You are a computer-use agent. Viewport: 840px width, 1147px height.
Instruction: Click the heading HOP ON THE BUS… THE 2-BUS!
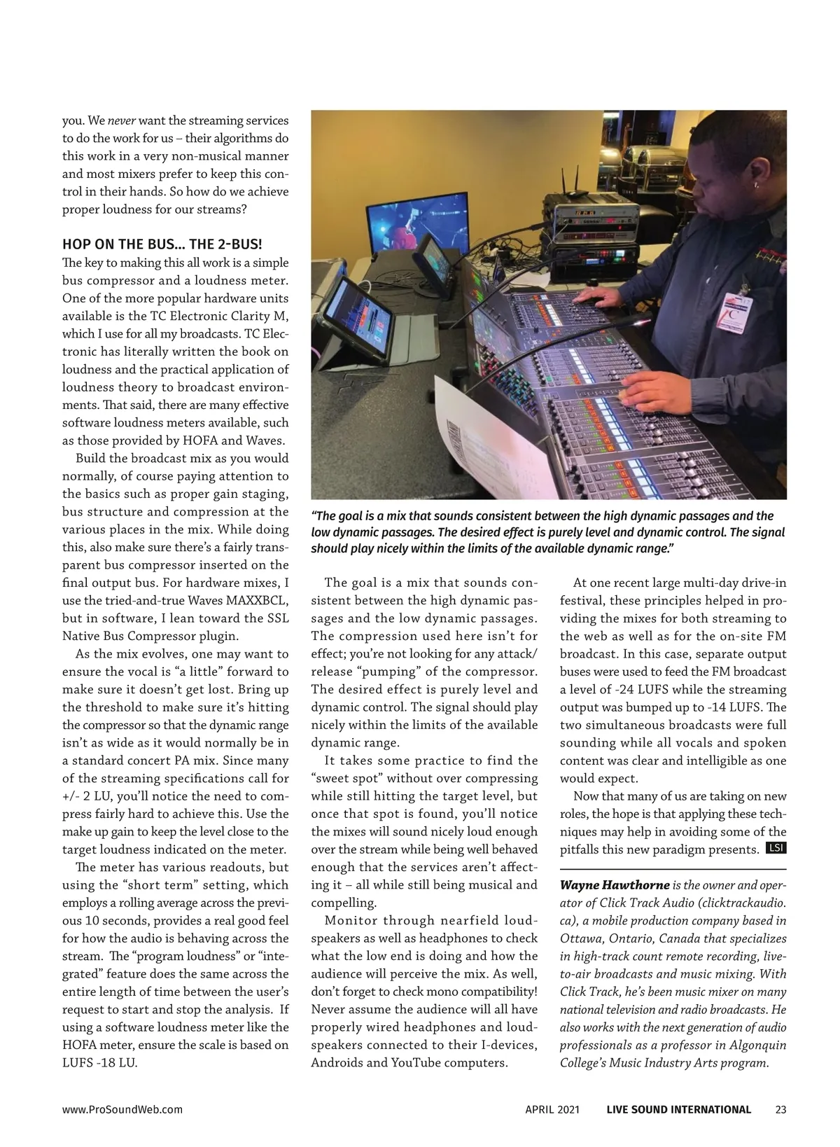pos(162,244)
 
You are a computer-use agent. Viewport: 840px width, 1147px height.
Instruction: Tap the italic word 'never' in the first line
pos(121,120)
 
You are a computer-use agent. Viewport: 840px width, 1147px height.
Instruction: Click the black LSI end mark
pos(776,848)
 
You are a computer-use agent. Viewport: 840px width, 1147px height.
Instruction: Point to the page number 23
pos(780,1109)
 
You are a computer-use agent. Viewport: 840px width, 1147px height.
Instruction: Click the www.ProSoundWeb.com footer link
pos(122,1109)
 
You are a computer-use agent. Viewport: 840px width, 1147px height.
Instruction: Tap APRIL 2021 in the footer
pos(552,1109)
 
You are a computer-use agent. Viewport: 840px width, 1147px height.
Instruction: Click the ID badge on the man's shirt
pos(732,311)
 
